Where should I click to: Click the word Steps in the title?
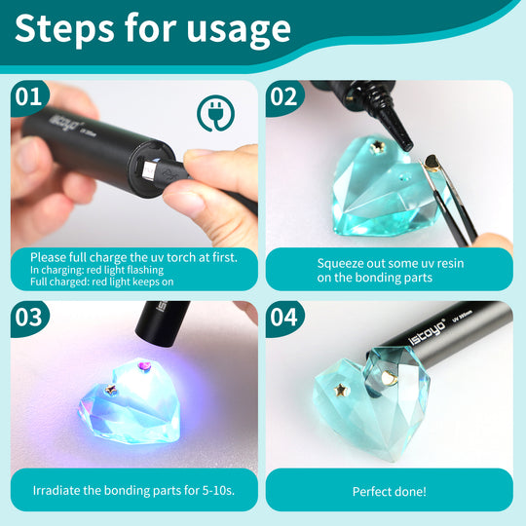(64, 28)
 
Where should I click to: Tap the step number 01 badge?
(29, 97)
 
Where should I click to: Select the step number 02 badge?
(284, 97)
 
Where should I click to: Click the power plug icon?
(215, 113)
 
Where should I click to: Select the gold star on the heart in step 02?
(379, 145)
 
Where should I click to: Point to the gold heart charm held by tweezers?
(432, 164)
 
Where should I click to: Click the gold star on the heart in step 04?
(342, 390)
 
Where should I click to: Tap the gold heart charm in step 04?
(389, 378)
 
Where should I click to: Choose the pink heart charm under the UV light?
(144, 365)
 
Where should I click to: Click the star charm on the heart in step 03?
(110, 390)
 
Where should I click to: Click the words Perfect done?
(389, 492)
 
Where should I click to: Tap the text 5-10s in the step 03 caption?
(218, 490)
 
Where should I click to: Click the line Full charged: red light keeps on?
(102, 282)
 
